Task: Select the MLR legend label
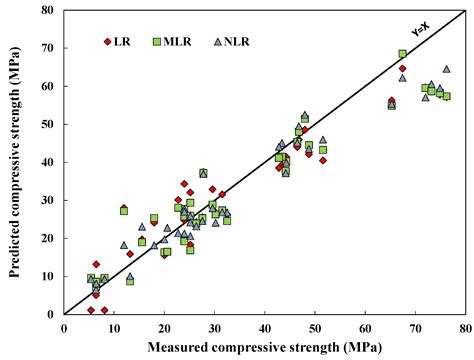pos(177,41)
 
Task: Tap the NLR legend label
pos(234,41)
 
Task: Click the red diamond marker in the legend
pos(107,41)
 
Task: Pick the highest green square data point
pos(402,54)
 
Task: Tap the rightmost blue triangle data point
pos(446,70)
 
